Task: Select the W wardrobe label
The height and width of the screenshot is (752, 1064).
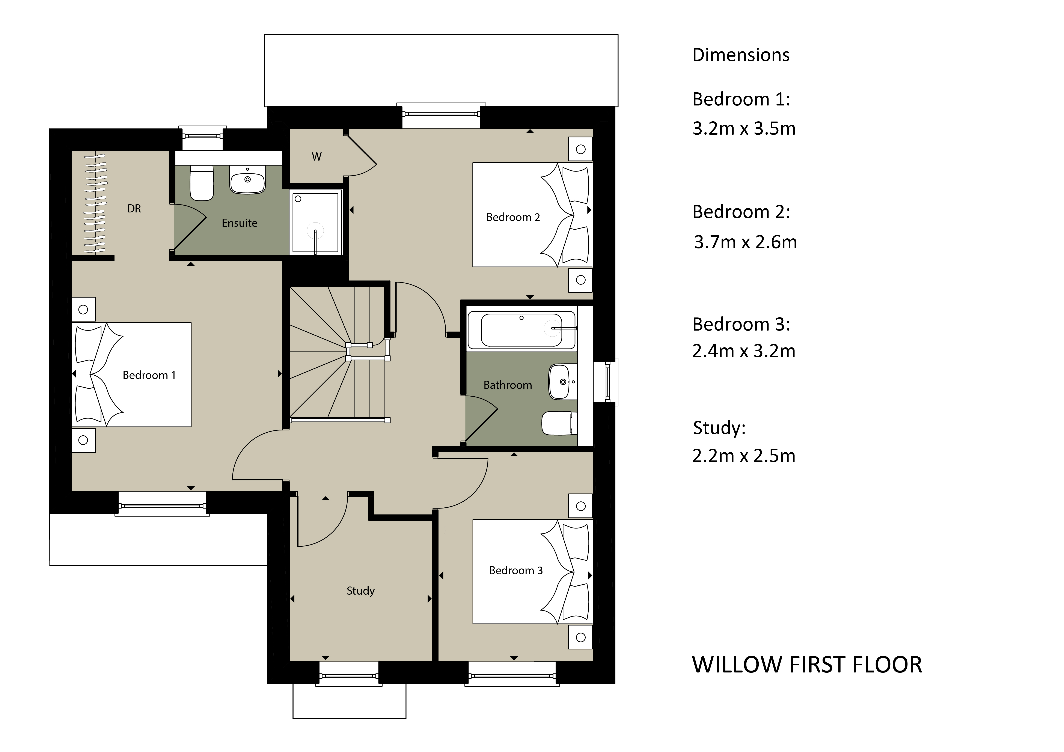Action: [x=316, y=157]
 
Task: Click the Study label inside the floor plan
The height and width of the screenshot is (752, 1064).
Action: [x=360, y=591]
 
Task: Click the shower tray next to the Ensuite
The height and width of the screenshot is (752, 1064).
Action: [x=316, y=222]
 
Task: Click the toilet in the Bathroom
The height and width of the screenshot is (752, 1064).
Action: [x=559, y=423]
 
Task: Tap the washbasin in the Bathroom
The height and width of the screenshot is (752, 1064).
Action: [x=563, y=382]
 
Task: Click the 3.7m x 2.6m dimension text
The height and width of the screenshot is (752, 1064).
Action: [x=745, y=242]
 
